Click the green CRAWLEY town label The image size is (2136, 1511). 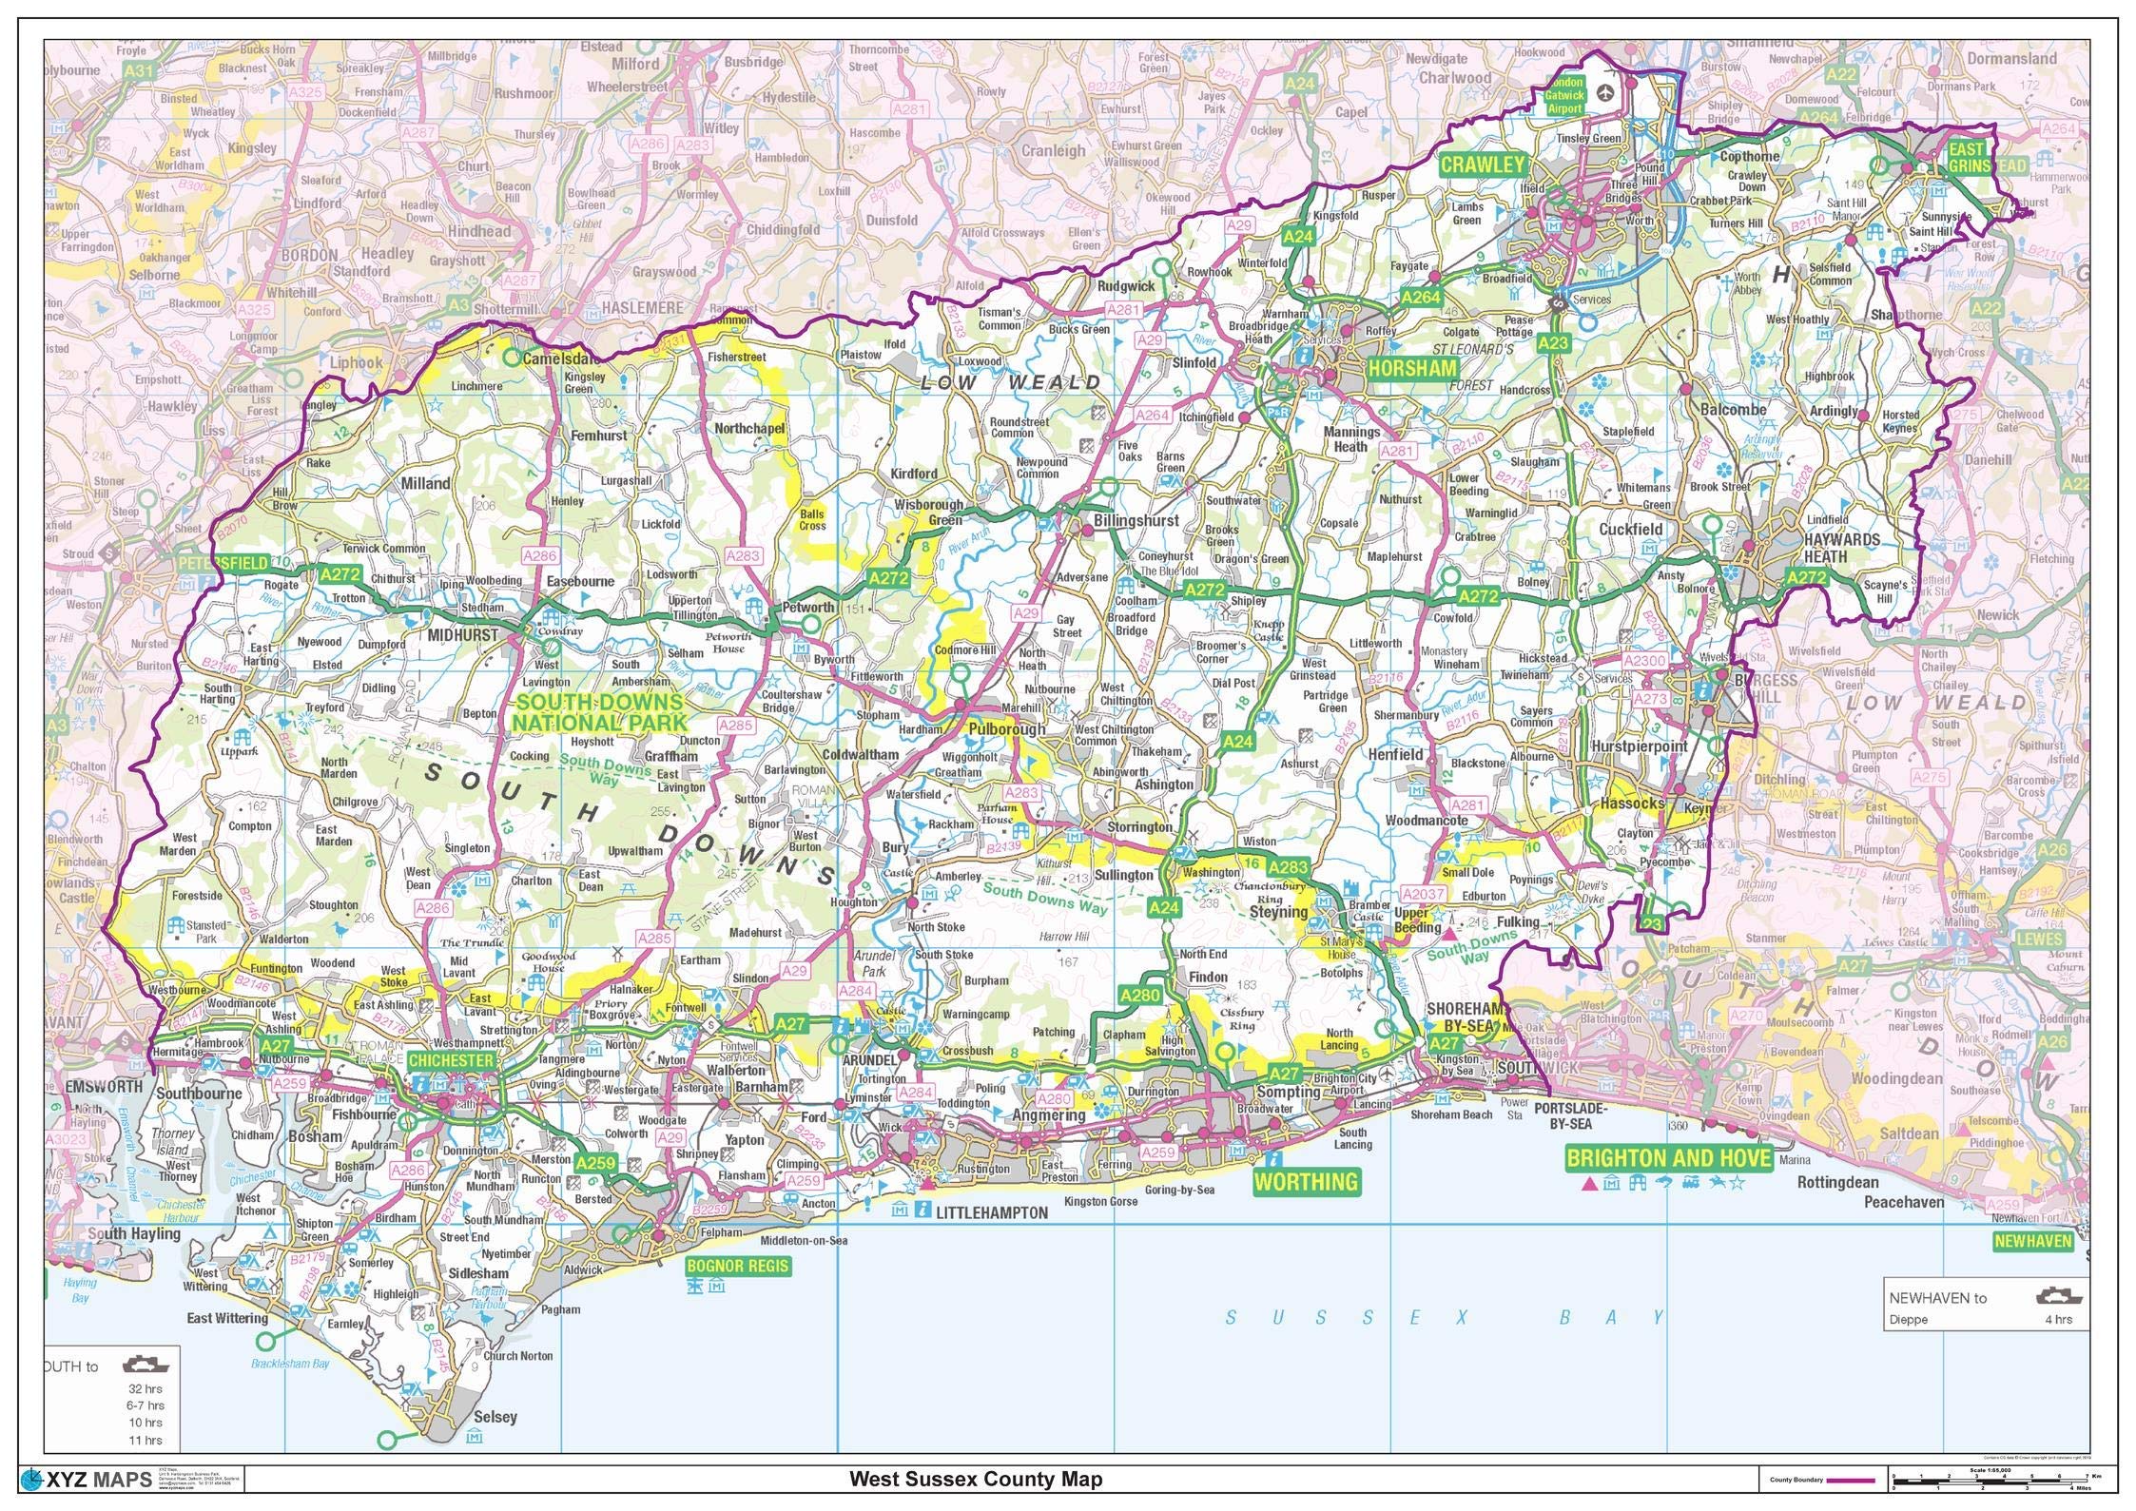pos(1482,165)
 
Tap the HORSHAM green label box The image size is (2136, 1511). pos(1412,368)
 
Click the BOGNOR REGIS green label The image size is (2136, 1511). pos(737,1267)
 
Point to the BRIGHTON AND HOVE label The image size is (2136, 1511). pos(1669,1157)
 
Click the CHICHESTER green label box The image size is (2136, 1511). pos(452,1060)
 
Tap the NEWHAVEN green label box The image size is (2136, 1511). pos(2032,1241)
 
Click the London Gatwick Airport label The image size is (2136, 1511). pos(1563,96)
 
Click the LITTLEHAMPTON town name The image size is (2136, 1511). pos(991,1212)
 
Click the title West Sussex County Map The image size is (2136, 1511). pos(976,1479)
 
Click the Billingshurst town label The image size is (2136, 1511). pos(1136,521)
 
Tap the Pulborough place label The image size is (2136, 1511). pos(1006,728)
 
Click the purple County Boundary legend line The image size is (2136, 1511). pos(1849,1480)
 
